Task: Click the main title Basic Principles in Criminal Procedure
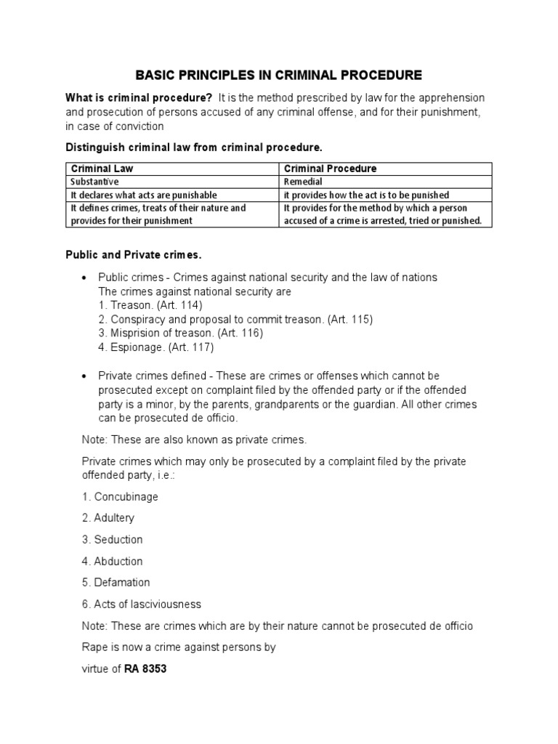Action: [279, 75]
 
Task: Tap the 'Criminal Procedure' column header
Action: [330, 169]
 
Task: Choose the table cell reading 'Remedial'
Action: [303, 182]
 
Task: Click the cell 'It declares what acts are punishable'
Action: [144, 195]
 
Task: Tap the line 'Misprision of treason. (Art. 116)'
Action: [180, 333]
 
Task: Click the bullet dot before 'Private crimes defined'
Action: [85, 376]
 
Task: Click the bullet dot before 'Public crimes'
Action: [85, 278]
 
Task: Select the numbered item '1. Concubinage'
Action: [120, 497]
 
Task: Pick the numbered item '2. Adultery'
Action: [108, 518]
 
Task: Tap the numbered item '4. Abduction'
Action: [113, 561]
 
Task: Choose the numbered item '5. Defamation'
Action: [116, 582]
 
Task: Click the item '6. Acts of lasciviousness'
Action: [142, 604]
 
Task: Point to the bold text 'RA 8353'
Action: [145, 668]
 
